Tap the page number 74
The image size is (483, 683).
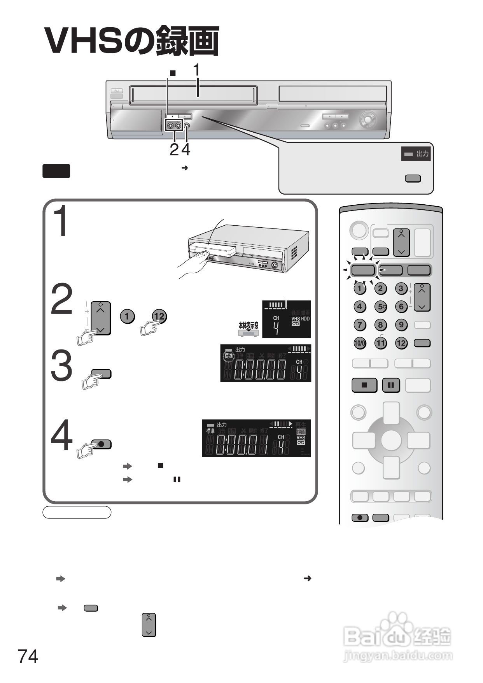[x=28, y=657]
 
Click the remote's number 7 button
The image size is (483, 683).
[x=360, y=325]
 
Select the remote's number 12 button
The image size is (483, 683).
[x=401, y=343]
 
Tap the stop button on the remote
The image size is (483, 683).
[x=364, y=385]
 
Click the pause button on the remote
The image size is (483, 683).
[x=391, y=385]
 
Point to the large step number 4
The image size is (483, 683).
[x=62, y=436]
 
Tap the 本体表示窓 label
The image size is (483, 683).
[x=248, y=325]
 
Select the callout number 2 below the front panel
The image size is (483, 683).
[x=174, y=149]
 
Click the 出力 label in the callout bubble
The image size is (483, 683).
[x=422, y=154]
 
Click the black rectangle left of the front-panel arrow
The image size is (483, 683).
[x=56, y=171]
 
